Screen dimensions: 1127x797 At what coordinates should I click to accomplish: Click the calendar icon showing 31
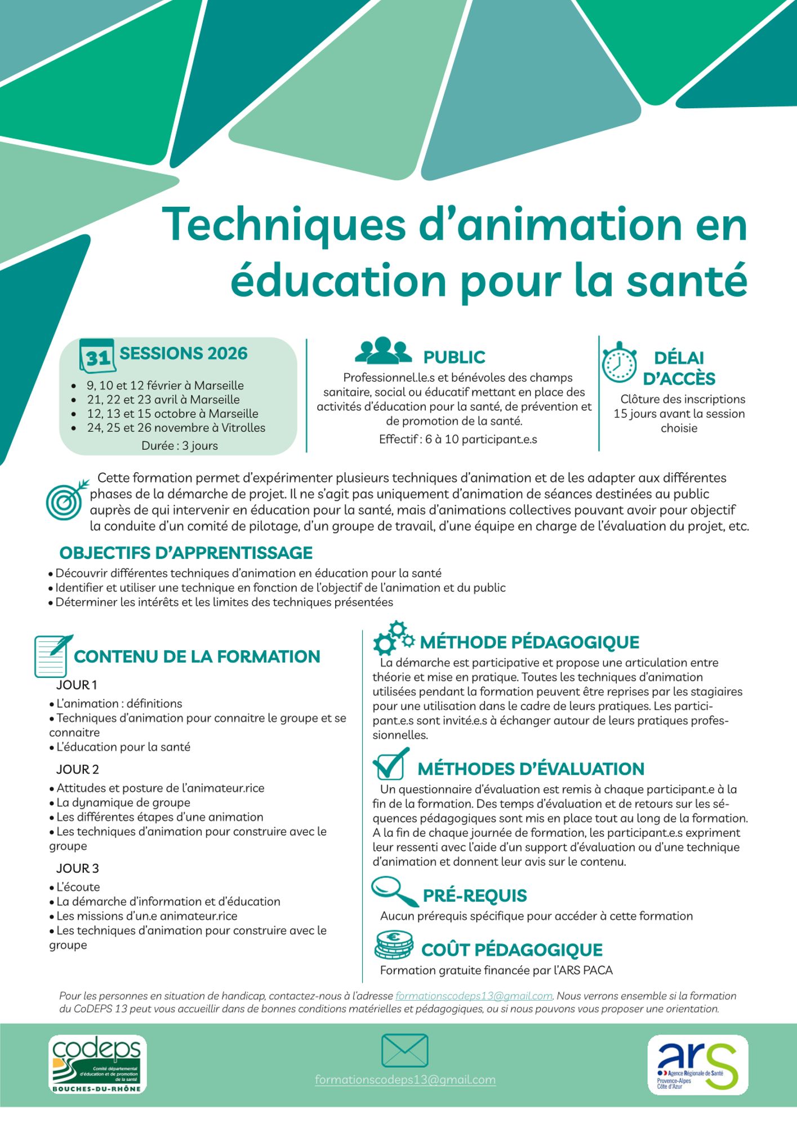tap(97, 356)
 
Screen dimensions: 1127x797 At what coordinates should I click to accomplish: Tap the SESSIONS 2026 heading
tap(184, 353)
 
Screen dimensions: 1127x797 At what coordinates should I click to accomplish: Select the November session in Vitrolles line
tap(176, 428)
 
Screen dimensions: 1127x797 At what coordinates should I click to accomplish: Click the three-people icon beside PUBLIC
tap(384, 350)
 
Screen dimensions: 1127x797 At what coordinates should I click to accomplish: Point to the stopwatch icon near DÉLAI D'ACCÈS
tap(619, 362)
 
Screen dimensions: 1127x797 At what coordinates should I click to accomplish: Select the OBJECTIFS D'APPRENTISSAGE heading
tap(186, 553)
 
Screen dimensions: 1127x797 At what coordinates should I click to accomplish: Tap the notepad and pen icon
tap(53, 656)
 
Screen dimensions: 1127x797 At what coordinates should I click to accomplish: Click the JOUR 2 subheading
tap(78, 769)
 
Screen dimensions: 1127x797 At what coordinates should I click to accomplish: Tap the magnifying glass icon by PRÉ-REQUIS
tap(394, 891)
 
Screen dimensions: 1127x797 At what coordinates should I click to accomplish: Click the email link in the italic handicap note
tap(474, 996)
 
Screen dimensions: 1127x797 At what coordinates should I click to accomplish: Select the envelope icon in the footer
tap(404, 1050)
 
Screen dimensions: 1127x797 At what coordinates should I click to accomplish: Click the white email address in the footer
tap(406, 1080)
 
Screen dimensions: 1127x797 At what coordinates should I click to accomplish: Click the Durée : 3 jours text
tap(180, 446)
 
